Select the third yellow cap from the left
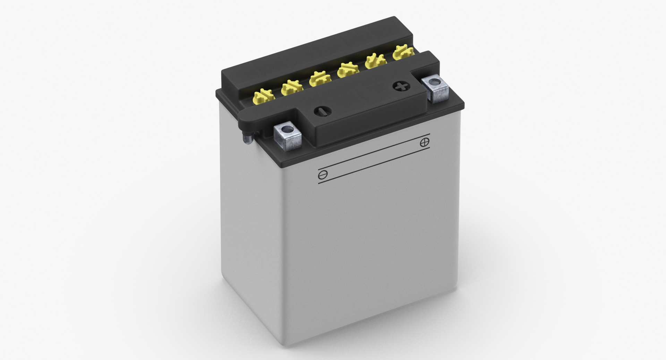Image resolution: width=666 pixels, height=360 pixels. [x=319, y=79]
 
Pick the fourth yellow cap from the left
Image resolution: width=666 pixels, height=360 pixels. [x=348, y=70]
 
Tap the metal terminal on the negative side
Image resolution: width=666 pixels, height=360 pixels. [x=288, y=137]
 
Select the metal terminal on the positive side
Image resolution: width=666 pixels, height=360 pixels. [x=435, y=89]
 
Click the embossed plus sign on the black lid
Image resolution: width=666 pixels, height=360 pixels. [x=400, y=86]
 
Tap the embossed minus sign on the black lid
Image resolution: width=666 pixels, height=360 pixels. [x=322, y=111]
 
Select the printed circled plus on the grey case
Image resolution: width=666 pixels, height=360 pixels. [x=425, y=142]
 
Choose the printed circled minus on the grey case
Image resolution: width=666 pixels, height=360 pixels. [x=323, y=175]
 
